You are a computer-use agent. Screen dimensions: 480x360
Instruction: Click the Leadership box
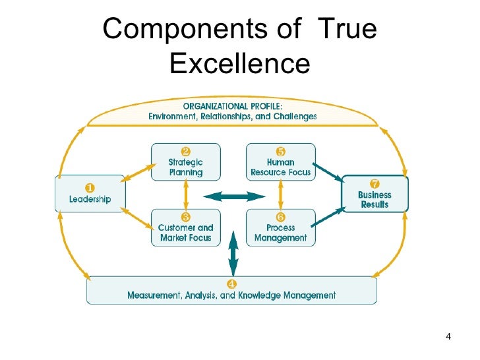[89, 194]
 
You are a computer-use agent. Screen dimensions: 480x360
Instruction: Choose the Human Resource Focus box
[280, 163]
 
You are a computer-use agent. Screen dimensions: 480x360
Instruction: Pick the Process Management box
[280, 228]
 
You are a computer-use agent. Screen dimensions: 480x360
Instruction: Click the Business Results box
[375, 195]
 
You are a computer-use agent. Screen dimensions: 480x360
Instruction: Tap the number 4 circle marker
[231, 285]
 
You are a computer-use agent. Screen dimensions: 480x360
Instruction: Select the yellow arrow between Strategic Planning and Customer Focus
[186, 196]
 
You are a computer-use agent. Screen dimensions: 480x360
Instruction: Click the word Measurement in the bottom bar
[156, 295]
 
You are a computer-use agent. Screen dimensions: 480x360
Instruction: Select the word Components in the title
[181, 29]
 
